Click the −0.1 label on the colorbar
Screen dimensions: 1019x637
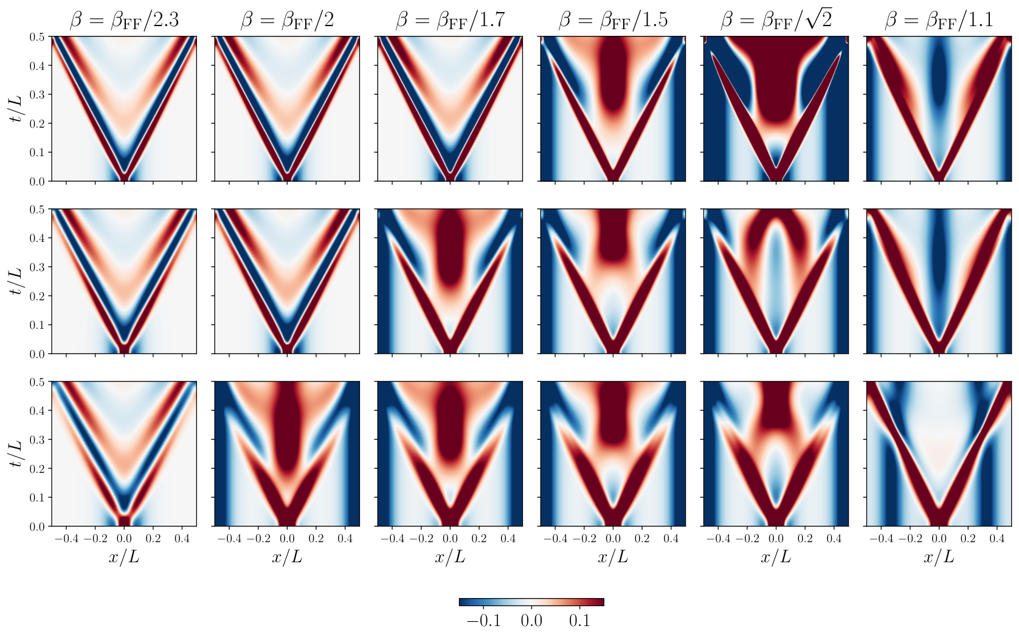tap(483, 621)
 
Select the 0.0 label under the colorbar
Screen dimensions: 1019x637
tap(531, 621)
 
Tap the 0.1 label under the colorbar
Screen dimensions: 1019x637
tap(579, 621)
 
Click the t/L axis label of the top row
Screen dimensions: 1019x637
tap(16, 109)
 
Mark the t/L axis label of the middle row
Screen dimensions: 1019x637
tap(16, 281)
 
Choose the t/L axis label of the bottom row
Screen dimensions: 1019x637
tap(16, 454)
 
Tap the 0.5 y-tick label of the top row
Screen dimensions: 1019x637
tap(37, 37)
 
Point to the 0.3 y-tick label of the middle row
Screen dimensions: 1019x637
tap(37, 267)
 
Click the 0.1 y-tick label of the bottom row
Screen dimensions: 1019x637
tap(37, 497)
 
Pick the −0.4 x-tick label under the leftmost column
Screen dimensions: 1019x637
tap(66, 539)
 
